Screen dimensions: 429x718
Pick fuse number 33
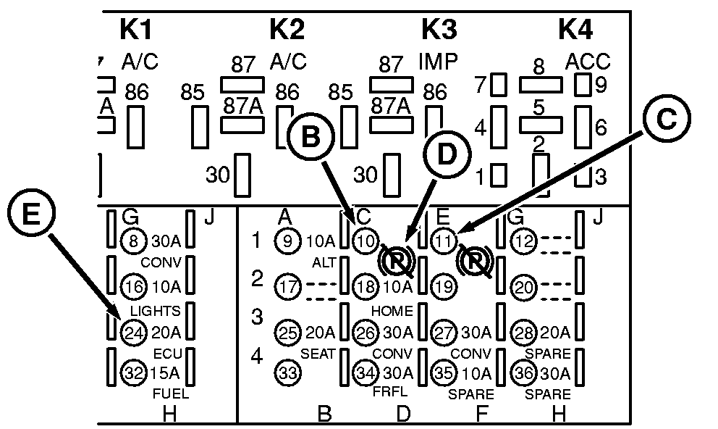pos(288,374)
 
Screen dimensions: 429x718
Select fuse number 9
pos(288,241)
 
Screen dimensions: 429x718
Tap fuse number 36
pos(523,373)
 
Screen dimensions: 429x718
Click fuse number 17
pos(288,286)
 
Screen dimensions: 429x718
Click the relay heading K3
pos(439,30)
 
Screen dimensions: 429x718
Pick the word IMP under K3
pos(439,62)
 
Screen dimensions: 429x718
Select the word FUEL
pos(171,394)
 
